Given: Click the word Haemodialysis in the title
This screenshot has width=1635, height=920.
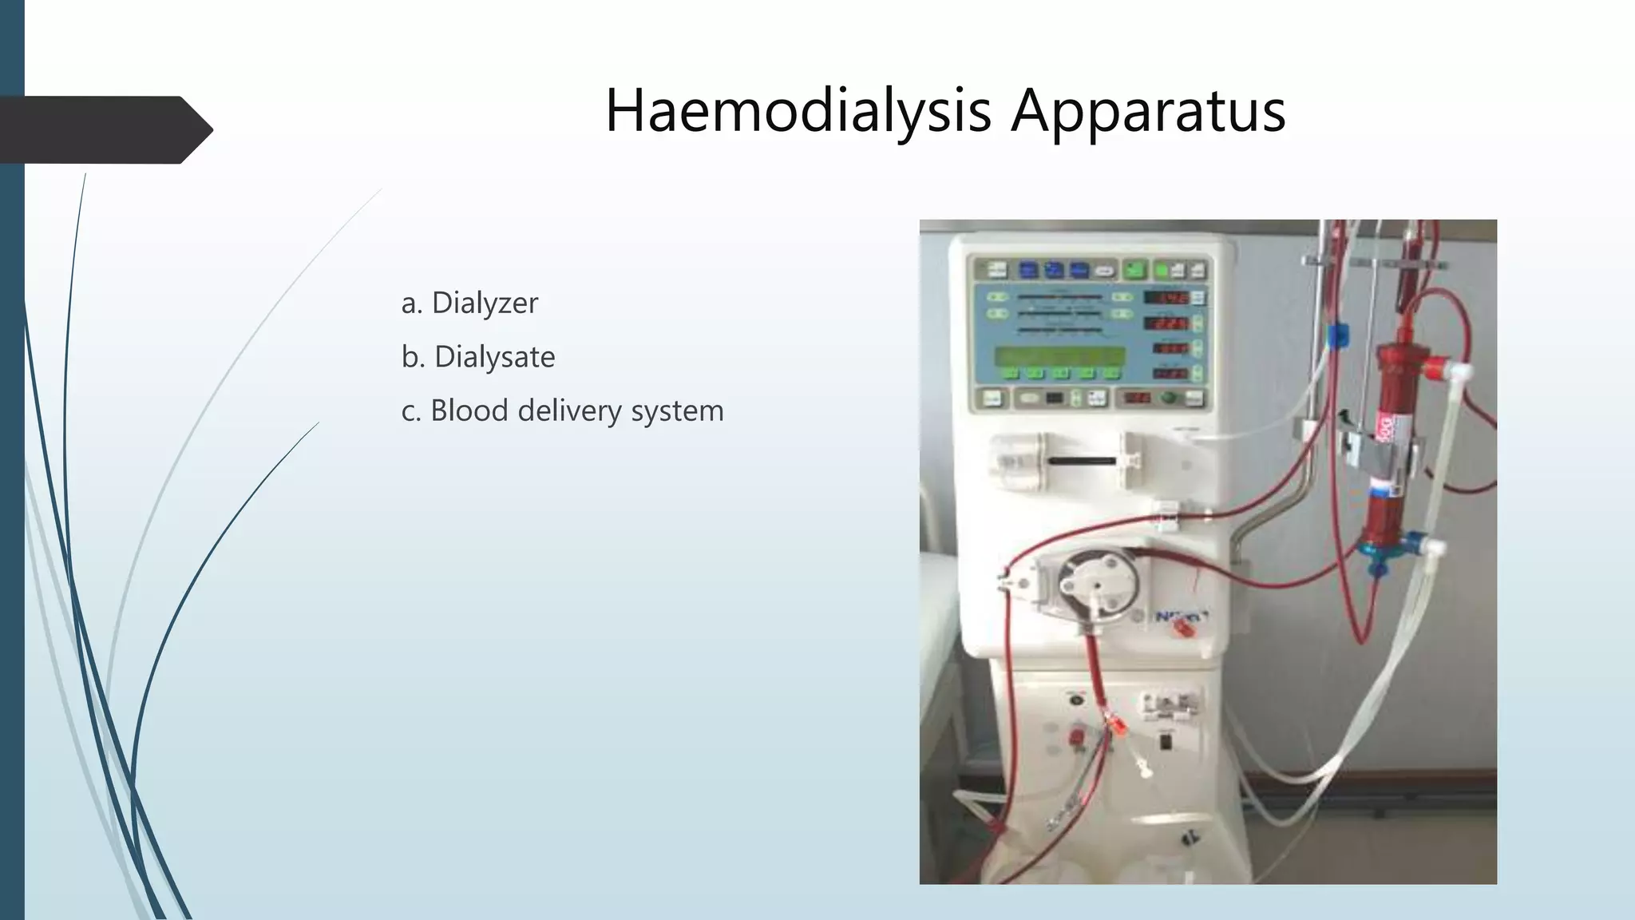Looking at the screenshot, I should (798, 110).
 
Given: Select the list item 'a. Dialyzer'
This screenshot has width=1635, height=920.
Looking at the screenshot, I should (469, 303).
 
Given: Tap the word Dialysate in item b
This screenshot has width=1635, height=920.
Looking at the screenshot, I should (494, 357).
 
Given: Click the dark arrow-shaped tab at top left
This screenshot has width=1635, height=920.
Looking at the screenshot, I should (104, 129).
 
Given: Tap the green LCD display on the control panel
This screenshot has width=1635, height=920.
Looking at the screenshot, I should (1059, 356).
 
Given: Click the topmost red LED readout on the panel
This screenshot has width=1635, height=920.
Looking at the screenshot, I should (1167, 298).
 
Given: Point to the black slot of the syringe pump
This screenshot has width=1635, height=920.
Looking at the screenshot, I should (1082, 462).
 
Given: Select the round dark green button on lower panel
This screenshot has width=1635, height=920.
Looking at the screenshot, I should (1169, 398).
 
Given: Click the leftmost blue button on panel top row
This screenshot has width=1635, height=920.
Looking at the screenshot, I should (1028, 271).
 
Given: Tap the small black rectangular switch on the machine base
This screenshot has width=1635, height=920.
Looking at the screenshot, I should (1165, 742).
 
